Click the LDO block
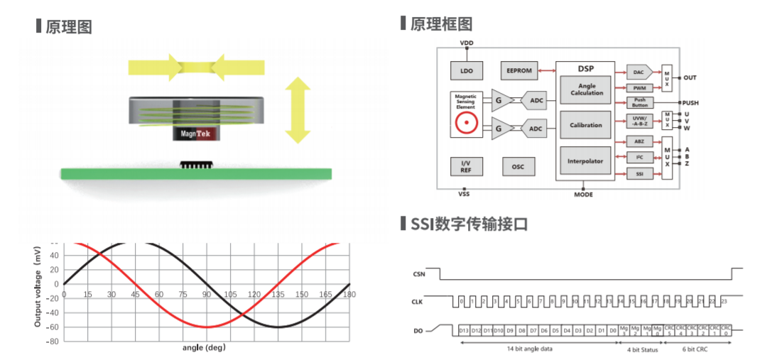click(466, 70)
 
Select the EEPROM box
click(518, 70)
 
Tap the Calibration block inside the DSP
click(586, 125)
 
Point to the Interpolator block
click(585, 161)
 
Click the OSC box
click(518, 167)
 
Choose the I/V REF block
click(466, 167)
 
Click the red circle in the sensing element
click(466, 123)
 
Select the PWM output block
click(639, 87)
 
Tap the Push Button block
click(639, 102)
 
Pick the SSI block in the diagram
click(639, 173)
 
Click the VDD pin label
click(467, 43)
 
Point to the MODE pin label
click(583, 195)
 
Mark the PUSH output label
click(690, 103)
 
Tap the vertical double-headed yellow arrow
click(298, 110)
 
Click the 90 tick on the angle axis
click(206, 294)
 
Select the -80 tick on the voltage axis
click(51, 341)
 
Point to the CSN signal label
click(418, 273)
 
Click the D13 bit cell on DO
click(464, 330)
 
